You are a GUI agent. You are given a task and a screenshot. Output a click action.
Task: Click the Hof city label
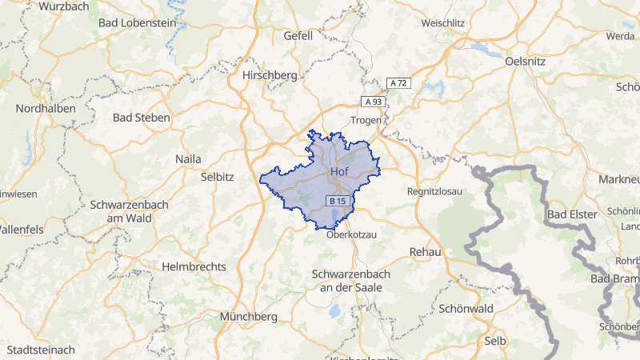click(338, 171)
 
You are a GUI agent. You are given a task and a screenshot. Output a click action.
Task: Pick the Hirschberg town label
click(270, 75)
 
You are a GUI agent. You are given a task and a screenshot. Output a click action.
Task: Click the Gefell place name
click(298, 36)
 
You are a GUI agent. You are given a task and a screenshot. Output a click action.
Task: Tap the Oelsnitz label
click(526, 60)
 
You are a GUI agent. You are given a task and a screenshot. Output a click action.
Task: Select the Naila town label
click(188, 159)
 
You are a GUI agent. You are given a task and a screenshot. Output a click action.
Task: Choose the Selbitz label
click(218, 176)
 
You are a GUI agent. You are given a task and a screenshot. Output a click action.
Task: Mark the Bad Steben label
click(142, 118)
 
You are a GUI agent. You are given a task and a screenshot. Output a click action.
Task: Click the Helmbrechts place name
click(194, 266)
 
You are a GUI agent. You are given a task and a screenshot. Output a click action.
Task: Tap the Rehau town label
click(425, 251)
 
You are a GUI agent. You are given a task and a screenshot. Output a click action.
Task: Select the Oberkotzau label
click(350, 234)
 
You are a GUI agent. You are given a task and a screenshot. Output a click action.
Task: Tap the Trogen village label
click(366, 120)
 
